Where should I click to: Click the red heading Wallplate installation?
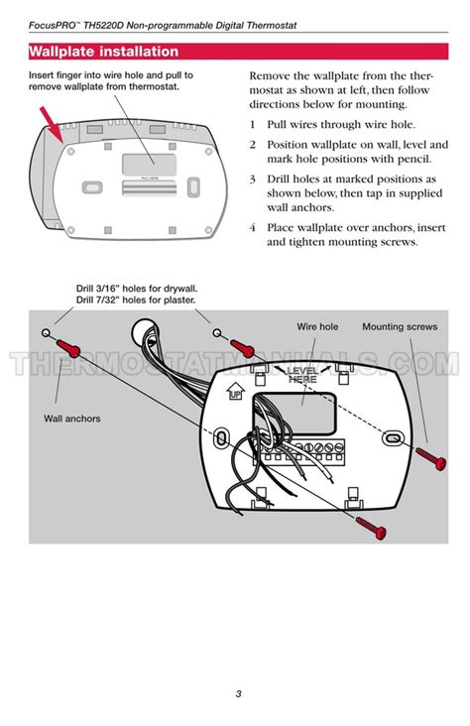coord(104,52)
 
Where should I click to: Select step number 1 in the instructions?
coord(253,125)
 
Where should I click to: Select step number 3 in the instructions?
coord(253,179)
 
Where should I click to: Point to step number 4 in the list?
coord(253,227)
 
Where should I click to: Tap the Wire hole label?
coord(317,326)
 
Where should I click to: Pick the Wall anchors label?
coord(71,419)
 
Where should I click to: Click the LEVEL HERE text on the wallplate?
coord(302,374)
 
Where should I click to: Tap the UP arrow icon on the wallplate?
coord(235,394)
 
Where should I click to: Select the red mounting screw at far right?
coord(433,457)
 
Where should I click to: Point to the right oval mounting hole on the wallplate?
coord(393,436)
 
